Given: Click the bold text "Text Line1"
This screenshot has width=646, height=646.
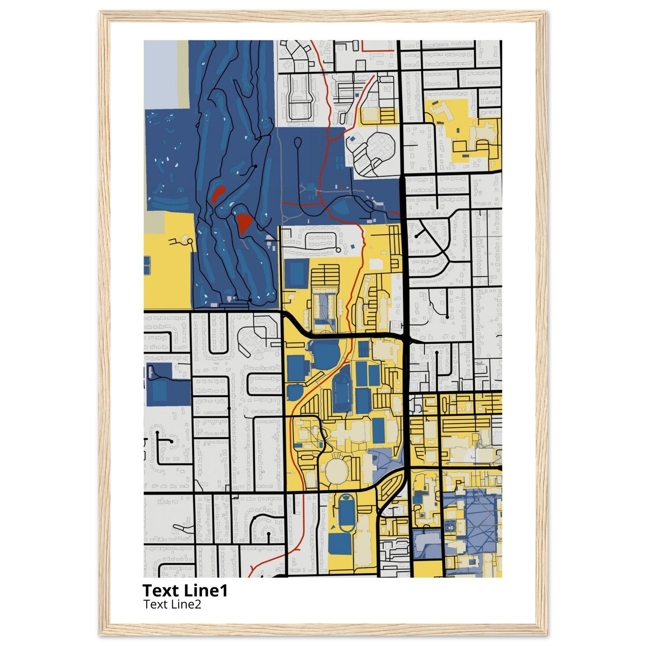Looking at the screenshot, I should (x=185, y=590).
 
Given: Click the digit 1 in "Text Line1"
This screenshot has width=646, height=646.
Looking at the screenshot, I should (x=224, y=590).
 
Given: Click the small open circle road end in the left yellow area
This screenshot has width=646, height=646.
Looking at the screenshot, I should (x=190, y=241).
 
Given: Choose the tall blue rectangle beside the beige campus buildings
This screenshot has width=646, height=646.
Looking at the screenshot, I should (x=379, y=430).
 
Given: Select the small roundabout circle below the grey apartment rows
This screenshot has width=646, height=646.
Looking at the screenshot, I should (x=338, y=250).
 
